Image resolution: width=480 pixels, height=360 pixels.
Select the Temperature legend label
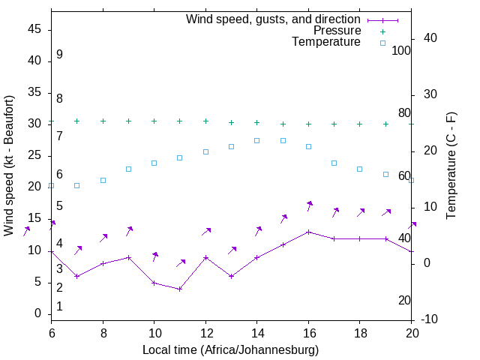pos(326,42)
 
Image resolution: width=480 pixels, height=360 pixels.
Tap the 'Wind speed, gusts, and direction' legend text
pos(274,19)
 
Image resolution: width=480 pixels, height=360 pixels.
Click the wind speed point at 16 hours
pos(309,232)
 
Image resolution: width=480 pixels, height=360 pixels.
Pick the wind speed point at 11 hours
pos(180,289)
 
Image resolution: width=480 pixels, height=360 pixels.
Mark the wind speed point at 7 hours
pos(77,276)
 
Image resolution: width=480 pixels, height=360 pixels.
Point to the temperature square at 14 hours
pos(257,140)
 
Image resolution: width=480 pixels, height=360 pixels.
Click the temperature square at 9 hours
pos(129,169)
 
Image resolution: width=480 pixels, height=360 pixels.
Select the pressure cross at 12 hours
pos(205,121)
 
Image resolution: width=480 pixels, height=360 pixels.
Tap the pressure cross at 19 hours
pos(386,124)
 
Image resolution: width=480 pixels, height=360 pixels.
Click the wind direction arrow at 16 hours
pos(309,205)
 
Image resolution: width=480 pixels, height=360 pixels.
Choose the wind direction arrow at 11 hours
pos(181,262)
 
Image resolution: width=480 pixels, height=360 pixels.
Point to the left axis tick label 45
pos(34,29)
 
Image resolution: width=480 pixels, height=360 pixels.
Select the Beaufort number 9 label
pos(59,55)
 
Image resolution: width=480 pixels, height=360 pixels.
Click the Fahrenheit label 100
pos(401,50)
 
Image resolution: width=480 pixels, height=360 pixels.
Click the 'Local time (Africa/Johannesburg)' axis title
pos(231,350)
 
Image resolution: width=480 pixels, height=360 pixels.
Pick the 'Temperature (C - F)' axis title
pos(451,166)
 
